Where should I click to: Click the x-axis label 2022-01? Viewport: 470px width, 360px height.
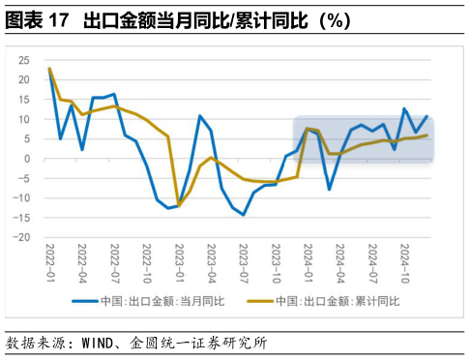(50, 261)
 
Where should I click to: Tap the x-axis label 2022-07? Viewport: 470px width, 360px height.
(114, 261)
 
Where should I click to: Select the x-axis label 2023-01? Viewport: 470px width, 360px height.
(179, 261)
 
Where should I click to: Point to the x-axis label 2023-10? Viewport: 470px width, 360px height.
(276, 261)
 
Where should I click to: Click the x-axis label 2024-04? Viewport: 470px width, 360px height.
(340, 261)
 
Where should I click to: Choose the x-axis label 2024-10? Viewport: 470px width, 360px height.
(404, 261)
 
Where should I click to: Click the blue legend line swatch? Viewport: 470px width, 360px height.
(86, 301)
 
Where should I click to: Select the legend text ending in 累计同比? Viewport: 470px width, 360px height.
(337, 301)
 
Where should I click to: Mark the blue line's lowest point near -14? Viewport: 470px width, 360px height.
(244, 215)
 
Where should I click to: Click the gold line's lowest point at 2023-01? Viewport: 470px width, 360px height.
(179, 206)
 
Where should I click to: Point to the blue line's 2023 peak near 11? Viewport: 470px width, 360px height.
(200, 116)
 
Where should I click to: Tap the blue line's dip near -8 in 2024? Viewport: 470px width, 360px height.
(329, 189)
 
